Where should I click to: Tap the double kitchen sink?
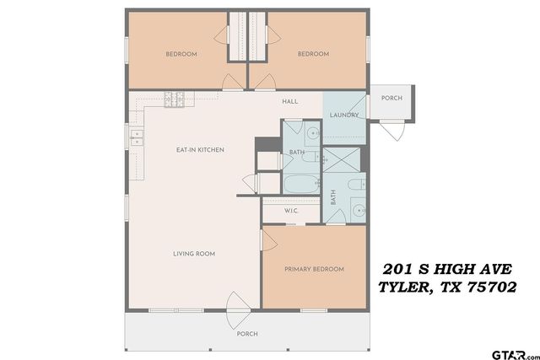[138, 136]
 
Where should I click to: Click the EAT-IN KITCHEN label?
[199, 150]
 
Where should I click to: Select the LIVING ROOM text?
[194, 253]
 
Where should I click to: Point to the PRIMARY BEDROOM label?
[314, 269]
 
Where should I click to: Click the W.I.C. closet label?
[292, 211]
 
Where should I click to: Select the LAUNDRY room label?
[344, 116]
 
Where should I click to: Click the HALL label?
[289, 101]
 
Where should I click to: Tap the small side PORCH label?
[391, 98]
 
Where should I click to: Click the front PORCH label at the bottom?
[246, 334]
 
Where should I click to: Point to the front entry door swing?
[236, 304]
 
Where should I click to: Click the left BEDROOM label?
[181, 54]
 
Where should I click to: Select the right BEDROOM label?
[313, 54]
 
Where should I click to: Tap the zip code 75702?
[488, 287]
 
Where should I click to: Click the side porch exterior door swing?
[392, 131]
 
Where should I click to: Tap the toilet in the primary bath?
[357, 184]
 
